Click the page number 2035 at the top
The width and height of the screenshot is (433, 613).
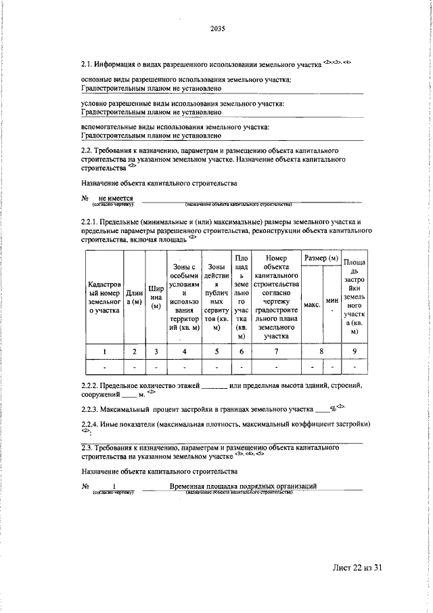click(x=217, y=28)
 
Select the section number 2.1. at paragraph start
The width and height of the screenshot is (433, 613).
click(x=88, y=65)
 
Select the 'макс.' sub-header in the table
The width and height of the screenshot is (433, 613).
click(x=312, y=304)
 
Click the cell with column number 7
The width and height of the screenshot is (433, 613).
click(x=275, y=351)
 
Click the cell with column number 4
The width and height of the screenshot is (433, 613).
click(x=184, y=351)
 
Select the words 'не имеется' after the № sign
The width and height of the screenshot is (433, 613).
click(x=116, y=198)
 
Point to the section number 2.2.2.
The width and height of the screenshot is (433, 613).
click(x=92, y=385)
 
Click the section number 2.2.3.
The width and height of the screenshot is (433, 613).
click(x=92, y=410)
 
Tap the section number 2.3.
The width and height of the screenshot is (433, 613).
click(x=88, y=448)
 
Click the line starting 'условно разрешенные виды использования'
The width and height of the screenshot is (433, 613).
click(x=183, y=104)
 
